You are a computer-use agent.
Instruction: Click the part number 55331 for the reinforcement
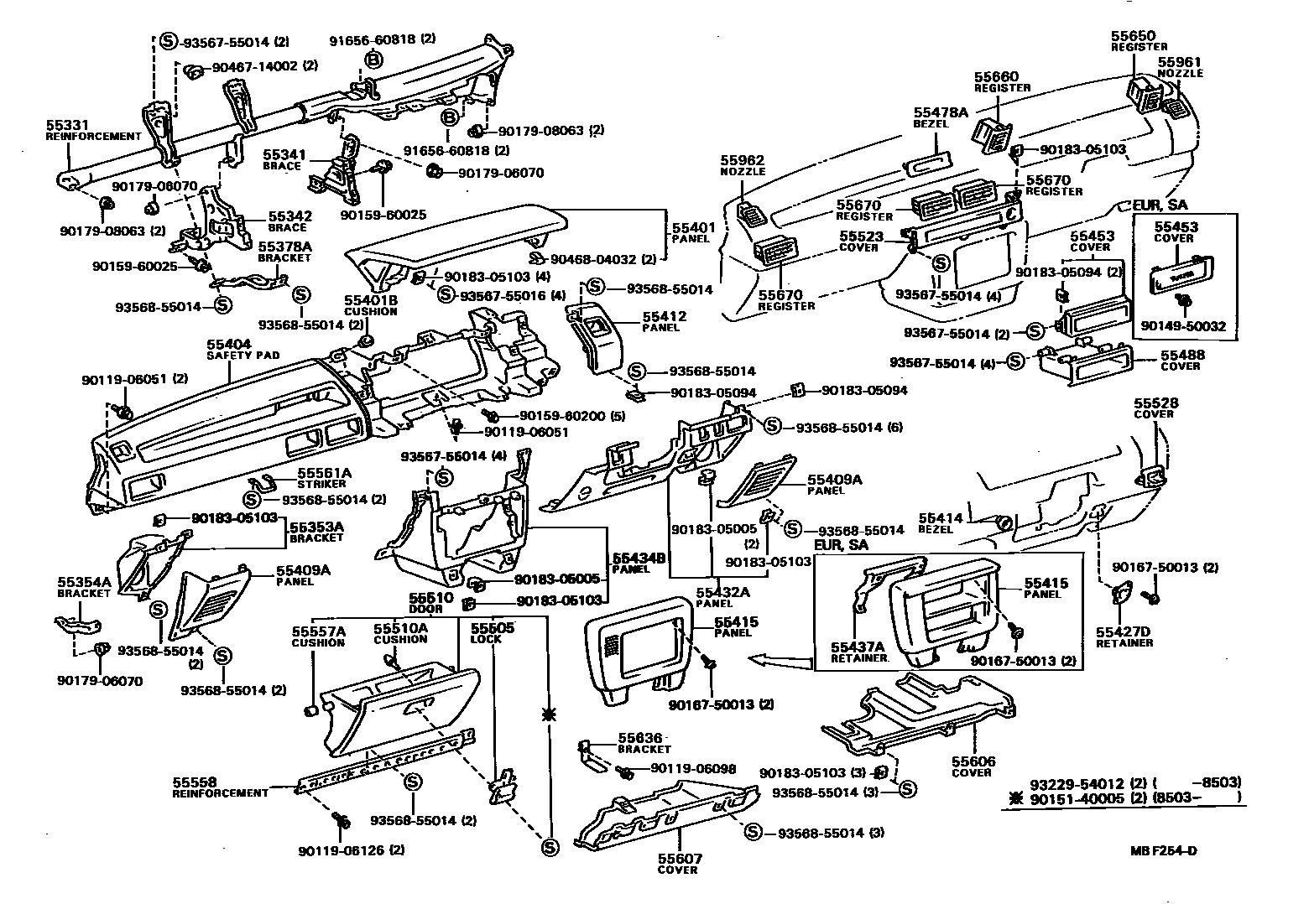(64, 124)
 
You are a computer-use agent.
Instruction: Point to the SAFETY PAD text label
(243, 356)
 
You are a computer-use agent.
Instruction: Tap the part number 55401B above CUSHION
(370, 300)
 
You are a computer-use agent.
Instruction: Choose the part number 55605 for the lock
(493, 627)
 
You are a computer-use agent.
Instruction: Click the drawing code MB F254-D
(1163, 852)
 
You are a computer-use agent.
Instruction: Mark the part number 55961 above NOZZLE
(1180, 62)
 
